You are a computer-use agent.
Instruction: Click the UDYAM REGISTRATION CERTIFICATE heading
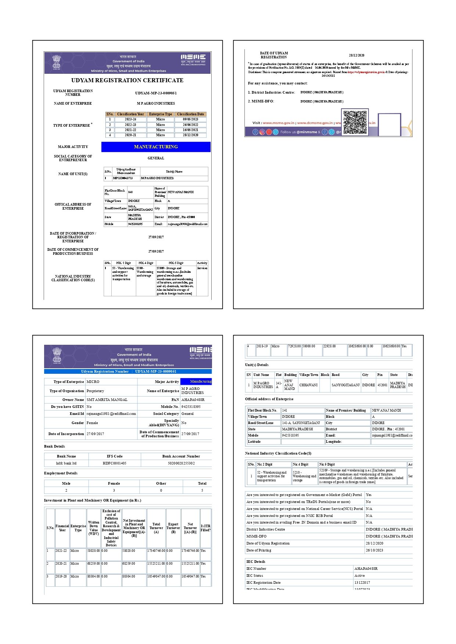[x=127, y=80]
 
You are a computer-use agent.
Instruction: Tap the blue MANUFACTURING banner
[x=156, y=147]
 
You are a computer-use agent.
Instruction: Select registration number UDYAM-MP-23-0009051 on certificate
[x=156, y=93]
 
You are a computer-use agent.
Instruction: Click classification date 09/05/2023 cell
[x=190, y=119]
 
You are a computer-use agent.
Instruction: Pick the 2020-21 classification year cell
[x=130, y=135]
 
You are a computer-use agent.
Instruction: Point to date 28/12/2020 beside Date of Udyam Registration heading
[x=356, y=55]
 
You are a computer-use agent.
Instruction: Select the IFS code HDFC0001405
[x=115, y=463]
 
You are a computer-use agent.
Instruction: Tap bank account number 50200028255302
[x=181, y=463]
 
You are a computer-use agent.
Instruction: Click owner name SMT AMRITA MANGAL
[x=107, y=399]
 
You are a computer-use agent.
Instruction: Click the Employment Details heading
[x=61, y=473]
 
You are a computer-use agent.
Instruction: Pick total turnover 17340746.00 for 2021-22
[x=156, y=551]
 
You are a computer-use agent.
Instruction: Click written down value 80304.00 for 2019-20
[x=93, y=576]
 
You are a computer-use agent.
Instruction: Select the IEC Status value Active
[x=359, y=576]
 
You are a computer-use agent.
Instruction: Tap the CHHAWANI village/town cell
[x=308, y=385]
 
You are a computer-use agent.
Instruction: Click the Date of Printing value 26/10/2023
[x=374, y=550]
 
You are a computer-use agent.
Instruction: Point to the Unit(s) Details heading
[x=257, y=365]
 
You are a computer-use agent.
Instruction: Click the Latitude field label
[x=254, y=442]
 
